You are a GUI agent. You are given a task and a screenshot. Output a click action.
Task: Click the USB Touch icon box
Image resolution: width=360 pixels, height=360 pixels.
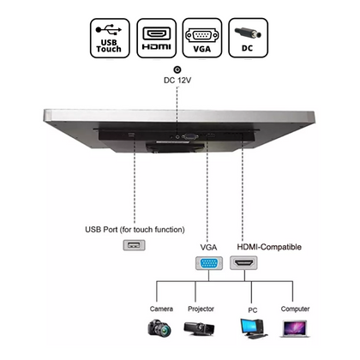coord(110,39)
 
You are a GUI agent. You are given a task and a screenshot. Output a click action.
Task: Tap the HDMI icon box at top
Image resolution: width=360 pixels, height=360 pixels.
coord(156,39)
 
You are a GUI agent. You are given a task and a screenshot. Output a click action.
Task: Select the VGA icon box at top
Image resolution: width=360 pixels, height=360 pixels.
coord(202,39)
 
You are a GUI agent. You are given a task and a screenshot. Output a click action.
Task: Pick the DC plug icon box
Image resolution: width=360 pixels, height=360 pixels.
coord(248,39)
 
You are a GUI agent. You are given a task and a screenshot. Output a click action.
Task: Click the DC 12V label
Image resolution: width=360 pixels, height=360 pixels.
coord(177,81)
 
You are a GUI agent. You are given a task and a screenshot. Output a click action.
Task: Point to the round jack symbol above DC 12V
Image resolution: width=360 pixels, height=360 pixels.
coord(177,69)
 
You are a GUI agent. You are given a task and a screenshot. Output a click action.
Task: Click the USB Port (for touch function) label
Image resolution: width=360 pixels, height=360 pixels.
coord(135,230)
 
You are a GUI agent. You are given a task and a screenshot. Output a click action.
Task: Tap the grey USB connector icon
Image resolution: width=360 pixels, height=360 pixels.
coord(134,245)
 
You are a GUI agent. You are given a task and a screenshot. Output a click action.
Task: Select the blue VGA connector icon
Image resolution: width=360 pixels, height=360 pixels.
coord(209,263)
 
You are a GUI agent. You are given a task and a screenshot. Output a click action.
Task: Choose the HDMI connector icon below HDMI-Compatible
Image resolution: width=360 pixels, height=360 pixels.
coord(243,263)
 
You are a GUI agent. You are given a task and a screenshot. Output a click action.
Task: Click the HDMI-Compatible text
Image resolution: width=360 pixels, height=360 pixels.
coord(269,247)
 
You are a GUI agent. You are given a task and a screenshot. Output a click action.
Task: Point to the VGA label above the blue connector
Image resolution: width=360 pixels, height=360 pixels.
coord(208,247)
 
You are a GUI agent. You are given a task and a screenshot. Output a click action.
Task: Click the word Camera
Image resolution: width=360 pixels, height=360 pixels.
coord(161,309)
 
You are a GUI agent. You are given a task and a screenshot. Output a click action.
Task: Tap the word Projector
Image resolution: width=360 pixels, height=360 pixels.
coord(201,309)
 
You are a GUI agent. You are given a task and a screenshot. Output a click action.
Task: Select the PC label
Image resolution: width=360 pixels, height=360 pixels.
coord(253,310)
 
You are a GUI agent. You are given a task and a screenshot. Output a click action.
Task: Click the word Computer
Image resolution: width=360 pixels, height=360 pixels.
coord(295,309)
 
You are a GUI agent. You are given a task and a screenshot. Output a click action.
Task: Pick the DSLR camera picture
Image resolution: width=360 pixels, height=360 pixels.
coord(159,328)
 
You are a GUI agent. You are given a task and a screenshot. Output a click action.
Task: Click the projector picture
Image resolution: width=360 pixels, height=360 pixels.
coord(199,328)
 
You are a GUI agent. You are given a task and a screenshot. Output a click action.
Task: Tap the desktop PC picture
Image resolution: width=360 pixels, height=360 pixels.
coord(253,328)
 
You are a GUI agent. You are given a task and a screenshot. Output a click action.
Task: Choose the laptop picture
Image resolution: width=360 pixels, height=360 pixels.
coord(294,329)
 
